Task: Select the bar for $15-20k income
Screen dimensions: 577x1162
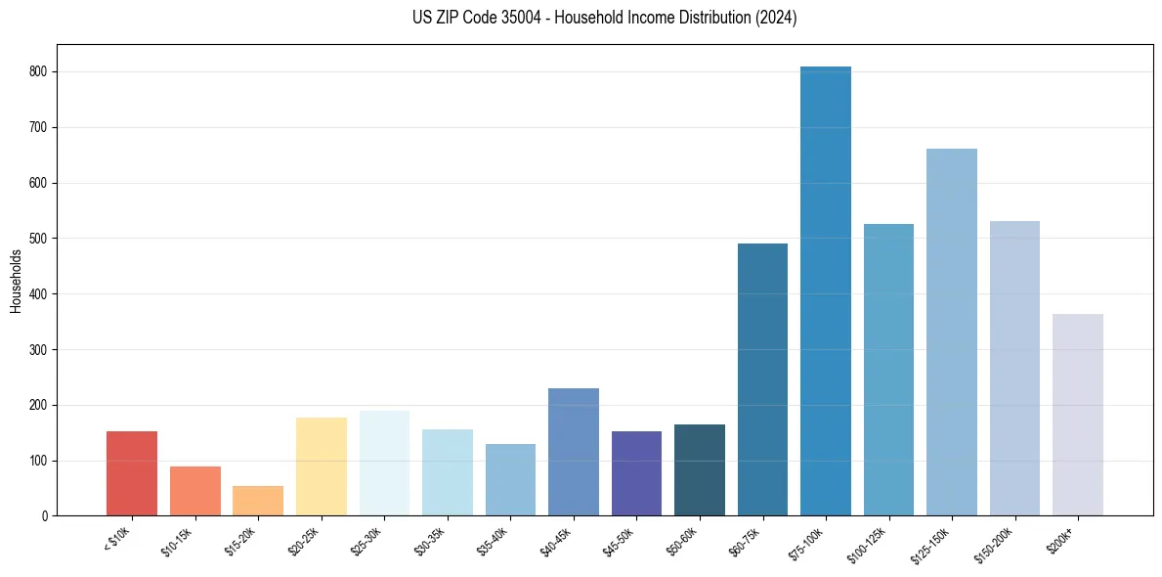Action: coord(258,501)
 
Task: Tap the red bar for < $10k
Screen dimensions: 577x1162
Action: coord(132,473)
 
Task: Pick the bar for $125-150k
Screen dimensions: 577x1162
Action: coord(952,333)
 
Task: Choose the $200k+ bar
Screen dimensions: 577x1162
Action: coord(1078,415)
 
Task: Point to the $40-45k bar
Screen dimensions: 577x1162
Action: coord(574,452)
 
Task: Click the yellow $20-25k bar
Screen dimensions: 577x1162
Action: coord(322,466)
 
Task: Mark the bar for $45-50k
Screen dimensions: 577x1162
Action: coord(636,473)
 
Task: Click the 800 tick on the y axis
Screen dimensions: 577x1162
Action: coord(40,72)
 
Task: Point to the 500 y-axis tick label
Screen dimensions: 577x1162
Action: coord(40,239)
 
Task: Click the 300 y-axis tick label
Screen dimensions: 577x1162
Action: coord(40,350)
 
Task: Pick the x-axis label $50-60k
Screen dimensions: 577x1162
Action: coord(683,542)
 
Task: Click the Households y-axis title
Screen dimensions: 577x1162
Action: coord(17,282)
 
